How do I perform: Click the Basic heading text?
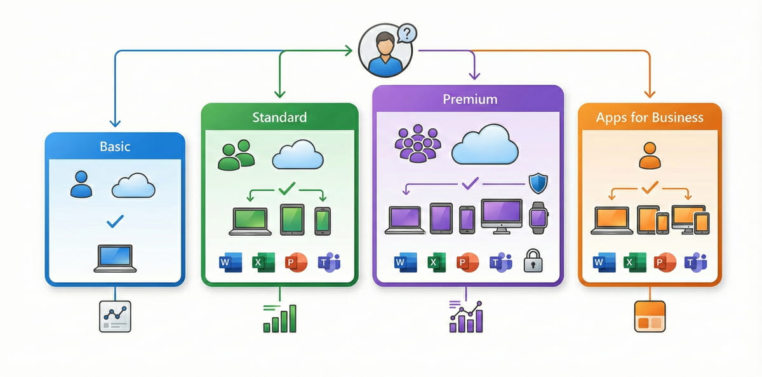tap(114, 147)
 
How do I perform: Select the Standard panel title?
tap(279, 117)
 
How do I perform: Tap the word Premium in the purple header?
tap(470, 99)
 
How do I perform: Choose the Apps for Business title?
tap(650, 117)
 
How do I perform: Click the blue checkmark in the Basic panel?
tap(116, 221)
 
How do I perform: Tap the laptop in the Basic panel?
tap(115, 258)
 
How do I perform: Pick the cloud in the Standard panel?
tap(298, 155)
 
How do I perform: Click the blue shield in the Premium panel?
tap(538, 183)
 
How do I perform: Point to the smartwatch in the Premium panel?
tap(538, 216)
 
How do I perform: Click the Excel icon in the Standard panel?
tap(259, 262)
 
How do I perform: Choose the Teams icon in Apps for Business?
tap(695, 262)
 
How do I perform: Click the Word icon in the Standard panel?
tap(226, 262)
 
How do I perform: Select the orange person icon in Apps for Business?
tap(649, 155)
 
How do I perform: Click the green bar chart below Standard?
tap(279, 318)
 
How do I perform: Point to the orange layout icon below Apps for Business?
tap(650, 316)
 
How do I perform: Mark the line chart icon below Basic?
tap(115, 316)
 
